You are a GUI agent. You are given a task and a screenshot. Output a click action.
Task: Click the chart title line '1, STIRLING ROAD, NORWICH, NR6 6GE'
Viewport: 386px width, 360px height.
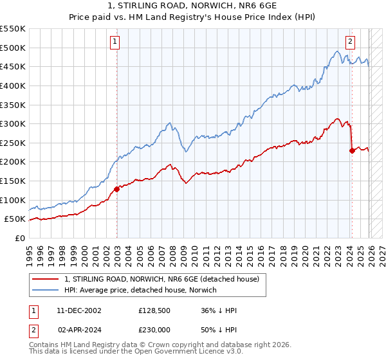192,6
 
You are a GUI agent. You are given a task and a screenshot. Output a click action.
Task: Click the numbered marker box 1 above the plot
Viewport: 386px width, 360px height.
115,42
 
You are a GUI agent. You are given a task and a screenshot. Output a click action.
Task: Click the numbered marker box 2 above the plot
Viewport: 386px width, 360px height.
350,42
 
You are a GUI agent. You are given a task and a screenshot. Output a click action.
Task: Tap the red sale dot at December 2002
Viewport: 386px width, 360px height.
116,189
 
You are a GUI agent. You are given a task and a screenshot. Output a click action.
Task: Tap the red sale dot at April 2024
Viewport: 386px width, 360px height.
352,150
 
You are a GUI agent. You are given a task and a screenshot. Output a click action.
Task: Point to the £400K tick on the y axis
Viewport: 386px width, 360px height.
14,85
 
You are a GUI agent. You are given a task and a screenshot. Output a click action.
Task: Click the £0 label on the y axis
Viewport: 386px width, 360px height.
21,239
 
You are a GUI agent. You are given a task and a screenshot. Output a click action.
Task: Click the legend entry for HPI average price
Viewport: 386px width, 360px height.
141,290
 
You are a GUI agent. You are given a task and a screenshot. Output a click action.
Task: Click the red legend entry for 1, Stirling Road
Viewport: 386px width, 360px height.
161,279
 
